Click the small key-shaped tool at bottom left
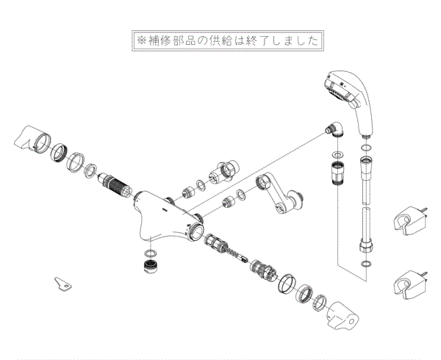pyautogui.click(x=63, y=283)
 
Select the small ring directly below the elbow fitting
pyautogui.click(x=336, y=156)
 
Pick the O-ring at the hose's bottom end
pyautogui.click(x=367, y=262)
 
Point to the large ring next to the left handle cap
pyautogui.click(x=58, y=152)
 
